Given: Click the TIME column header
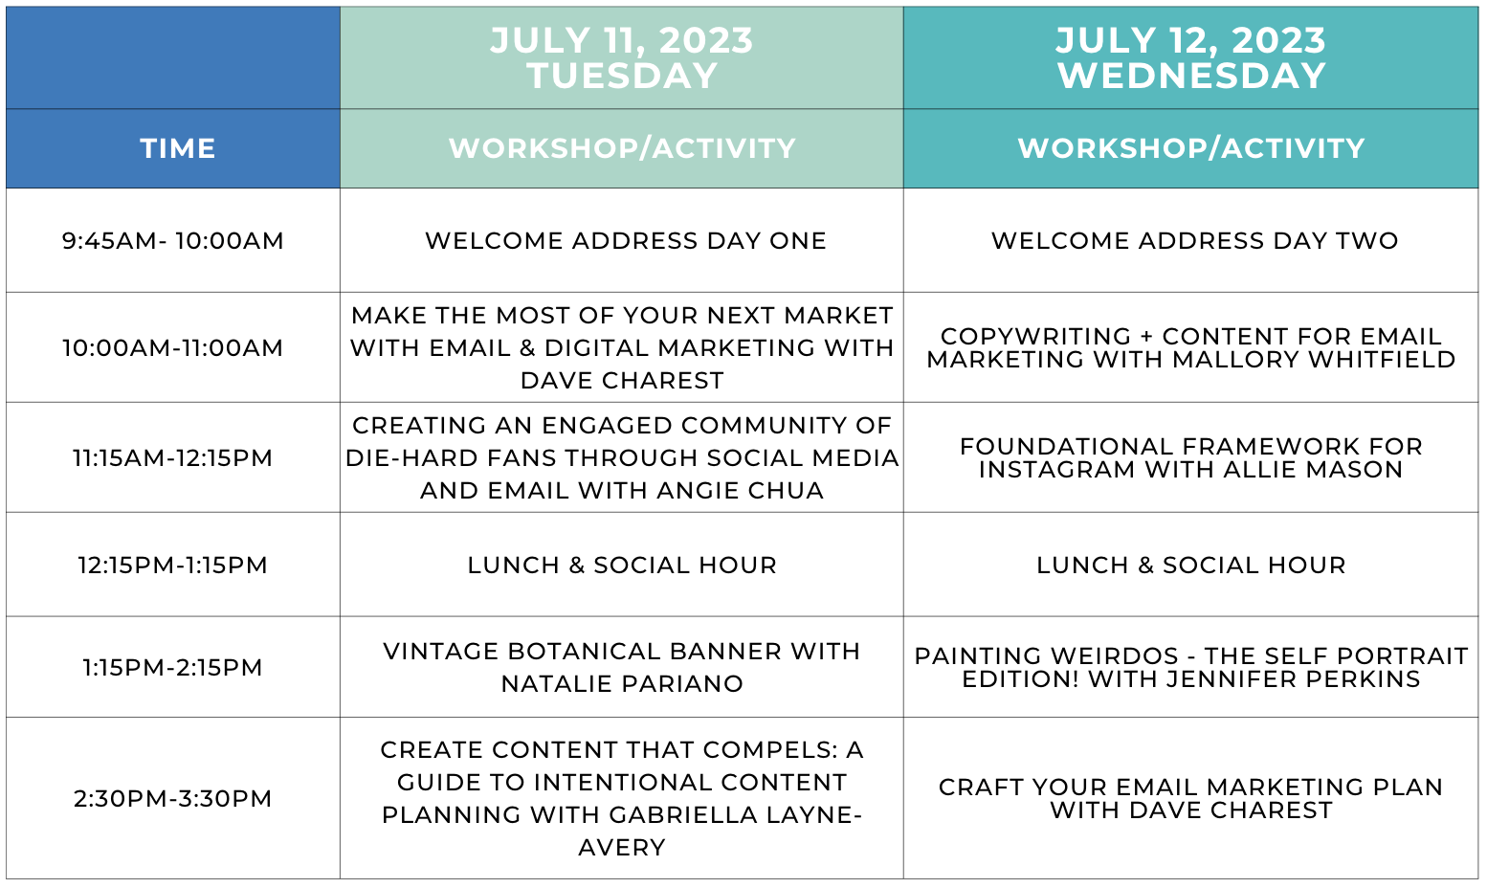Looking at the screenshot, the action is tap(177, 148).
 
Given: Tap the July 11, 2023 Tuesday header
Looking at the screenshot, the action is tap(621, 57).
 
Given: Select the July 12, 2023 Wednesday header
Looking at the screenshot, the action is tap(1191, 57).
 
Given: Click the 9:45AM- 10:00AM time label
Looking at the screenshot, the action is tap(172, 240).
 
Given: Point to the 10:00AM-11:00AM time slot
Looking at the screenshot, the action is tap(172, 347).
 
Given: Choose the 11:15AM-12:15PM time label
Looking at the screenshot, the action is tap(172, 458).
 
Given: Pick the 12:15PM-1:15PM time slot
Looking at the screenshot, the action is tap(172, 565).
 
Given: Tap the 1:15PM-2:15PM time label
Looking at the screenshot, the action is tap(172, 667).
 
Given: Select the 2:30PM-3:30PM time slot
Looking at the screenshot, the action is tap(172, 798).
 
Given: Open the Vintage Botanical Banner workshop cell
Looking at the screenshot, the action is tap(621, 667).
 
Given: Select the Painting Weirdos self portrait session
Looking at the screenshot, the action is tap(1191, 667).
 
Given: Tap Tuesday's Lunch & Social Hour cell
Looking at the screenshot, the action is tap(621, 565).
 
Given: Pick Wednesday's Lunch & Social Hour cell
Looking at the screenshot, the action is tap(1191, 565).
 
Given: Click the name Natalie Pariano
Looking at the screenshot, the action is tap(621, 683).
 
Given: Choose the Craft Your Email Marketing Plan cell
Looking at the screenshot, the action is tap(1191, 798).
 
